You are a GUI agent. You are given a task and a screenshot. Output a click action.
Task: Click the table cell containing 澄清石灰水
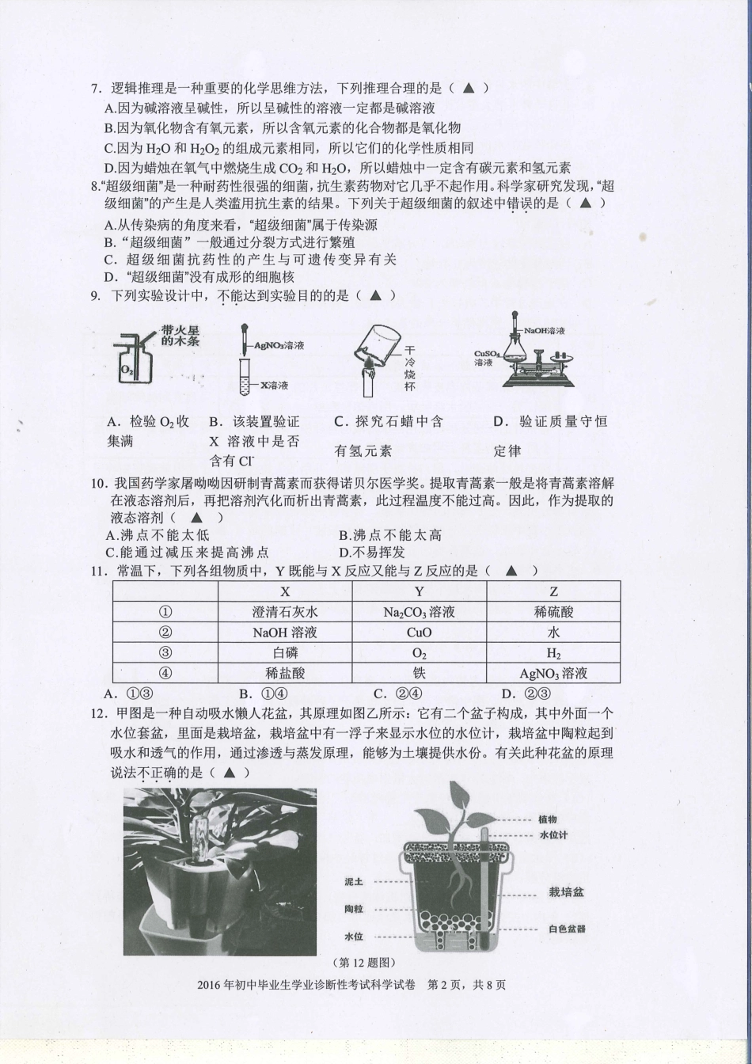pyautogui.click(x=285, y=612)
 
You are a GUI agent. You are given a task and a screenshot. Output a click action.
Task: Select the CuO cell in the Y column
pyautogui.click(x=419, y=633)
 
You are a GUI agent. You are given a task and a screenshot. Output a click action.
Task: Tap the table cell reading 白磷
pyautogui.click(x=285, y=653)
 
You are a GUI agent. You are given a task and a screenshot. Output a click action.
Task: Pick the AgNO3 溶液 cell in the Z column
pyautogui.click(x=553, y=674)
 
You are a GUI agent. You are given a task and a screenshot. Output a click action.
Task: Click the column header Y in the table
pyautogui.click(x=419, y=591)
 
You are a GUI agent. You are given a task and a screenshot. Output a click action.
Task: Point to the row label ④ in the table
pyautogui.click(x=165, y=674)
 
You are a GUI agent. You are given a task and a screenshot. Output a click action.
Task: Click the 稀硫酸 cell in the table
pyautogui.click(x=553, y=612)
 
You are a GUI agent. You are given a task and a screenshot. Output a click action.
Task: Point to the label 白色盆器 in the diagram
pyautogui.click(x=566, y=929)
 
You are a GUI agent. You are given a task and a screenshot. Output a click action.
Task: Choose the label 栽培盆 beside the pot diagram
pyautogui.click(x=566, y=891)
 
